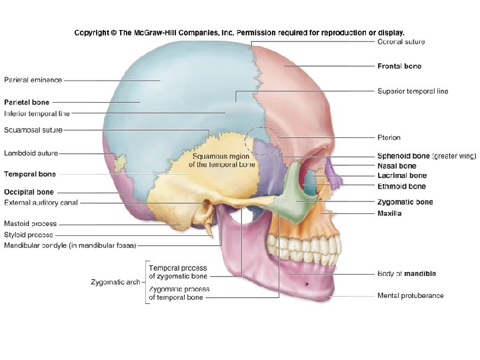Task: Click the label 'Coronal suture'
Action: [401, 42]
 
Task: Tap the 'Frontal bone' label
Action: [399, 66]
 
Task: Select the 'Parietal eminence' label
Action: [33, 80]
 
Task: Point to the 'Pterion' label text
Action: [389, 138]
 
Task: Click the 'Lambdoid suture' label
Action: [31, 153]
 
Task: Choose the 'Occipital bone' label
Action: [29, 192]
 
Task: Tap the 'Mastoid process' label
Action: [31, 224]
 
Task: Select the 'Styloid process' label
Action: [29, 235]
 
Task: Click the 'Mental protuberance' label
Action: [411, 295]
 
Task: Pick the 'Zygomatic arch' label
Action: [115, 282]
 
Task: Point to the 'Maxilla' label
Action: [389, 213]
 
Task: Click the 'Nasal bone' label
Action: [397, 166]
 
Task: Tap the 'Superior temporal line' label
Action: [413, 91]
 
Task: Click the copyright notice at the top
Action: [239, 32]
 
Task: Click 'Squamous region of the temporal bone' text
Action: [221, 160]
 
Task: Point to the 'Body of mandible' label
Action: [406, 273]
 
